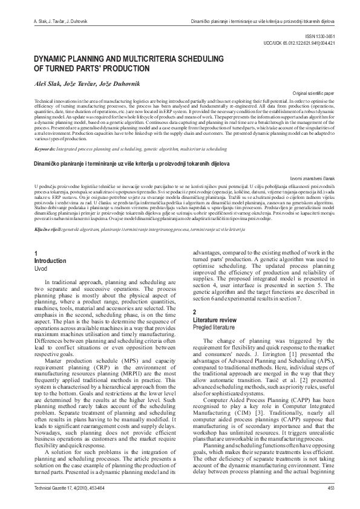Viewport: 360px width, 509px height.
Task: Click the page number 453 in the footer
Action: pos(330,487)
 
